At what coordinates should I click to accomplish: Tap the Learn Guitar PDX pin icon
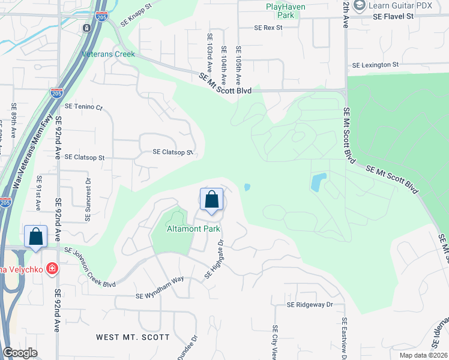[x=360, y=6]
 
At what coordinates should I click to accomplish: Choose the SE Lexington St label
[x=375, y=65]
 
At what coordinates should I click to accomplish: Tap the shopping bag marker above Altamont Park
[x=211, y=200]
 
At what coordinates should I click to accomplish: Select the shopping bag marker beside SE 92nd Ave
[x=35, y=237]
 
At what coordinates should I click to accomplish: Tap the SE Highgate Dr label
[x=214, y=259]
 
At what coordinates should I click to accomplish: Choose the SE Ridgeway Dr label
[x=309, y=305]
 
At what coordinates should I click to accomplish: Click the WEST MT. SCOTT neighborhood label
[x=133, y=337]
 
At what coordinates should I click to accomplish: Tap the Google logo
[x=20, y=353]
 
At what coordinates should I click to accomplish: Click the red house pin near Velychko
[x=52, y=268]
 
